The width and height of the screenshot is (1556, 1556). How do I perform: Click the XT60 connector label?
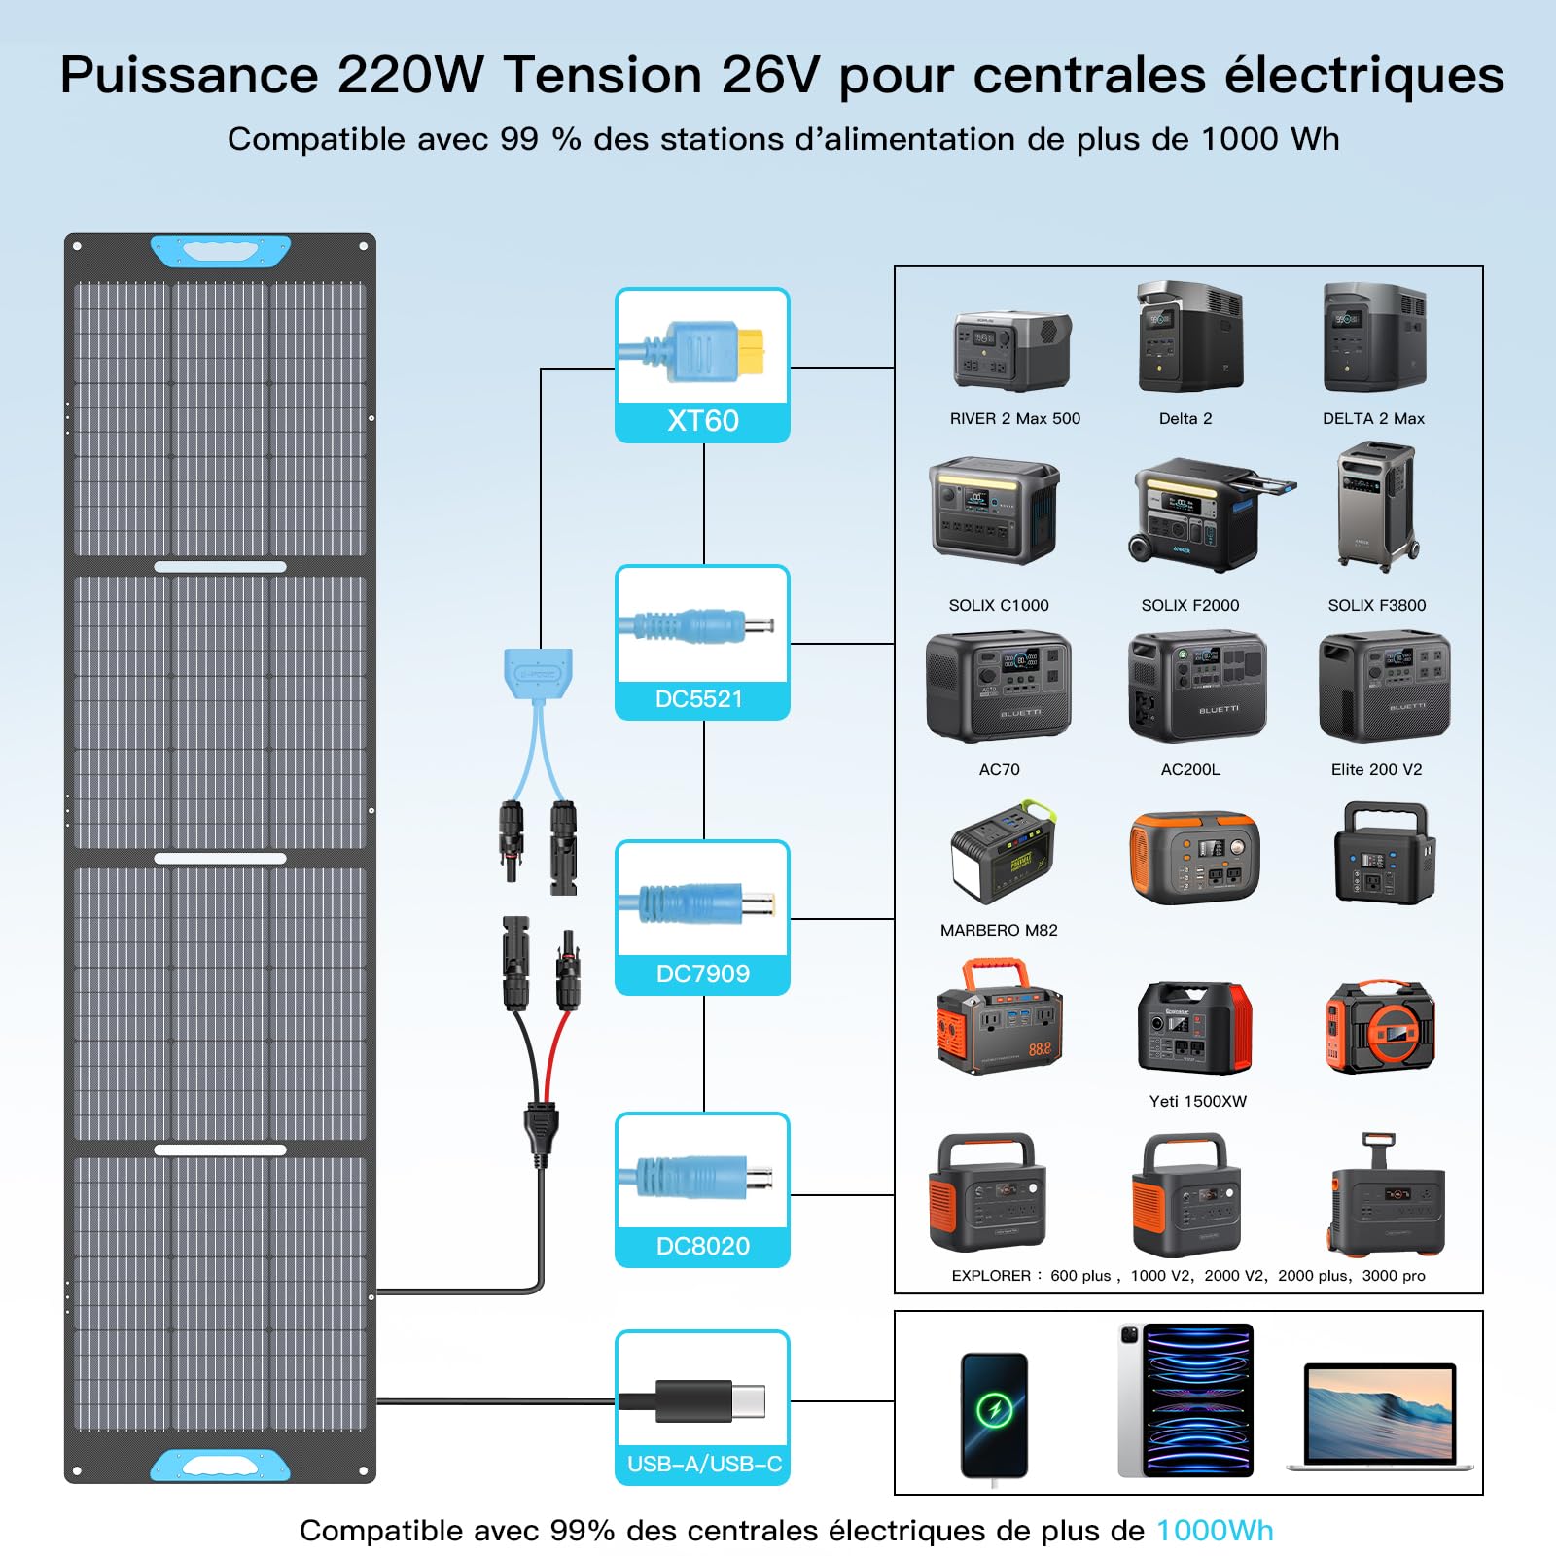[x=702, y=421]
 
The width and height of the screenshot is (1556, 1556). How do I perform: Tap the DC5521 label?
[x=699, y=699]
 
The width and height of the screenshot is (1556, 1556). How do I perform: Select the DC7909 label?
[x=702, y=973]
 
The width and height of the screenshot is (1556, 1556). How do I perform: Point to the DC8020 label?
[x=702, y=1246]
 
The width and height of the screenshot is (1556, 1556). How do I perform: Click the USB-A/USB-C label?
[x=704, y=1464]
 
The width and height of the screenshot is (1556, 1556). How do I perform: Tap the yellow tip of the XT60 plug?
[x=751, y=350]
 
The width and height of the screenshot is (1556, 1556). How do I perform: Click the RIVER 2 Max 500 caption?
[x=1015, y=419]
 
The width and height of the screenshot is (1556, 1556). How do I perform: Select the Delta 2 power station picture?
[x=1189, y=336]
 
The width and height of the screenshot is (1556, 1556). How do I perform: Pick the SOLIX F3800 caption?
[x=1377, y=605]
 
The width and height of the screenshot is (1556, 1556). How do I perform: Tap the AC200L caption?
[x=1190, y=769]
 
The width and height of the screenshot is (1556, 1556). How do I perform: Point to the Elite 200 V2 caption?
[x=1376, y=769]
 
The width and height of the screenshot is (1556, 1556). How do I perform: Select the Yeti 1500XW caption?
[x=1197, y=1101]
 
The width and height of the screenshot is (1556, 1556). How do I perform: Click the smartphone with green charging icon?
[x=994, y=1416]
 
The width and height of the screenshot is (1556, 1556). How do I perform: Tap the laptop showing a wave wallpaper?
[x=1380, y=1416]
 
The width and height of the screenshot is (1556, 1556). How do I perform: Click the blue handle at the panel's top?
[x=221, y=251]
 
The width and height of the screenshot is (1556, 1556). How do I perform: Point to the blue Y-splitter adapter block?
[x=538, y=671]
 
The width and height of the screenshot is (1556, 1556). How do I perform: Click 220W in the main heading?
[x=410, y=75]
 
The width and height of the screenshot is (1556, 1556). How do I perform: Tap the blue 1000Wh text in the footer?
[x=1214, y=1531]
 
